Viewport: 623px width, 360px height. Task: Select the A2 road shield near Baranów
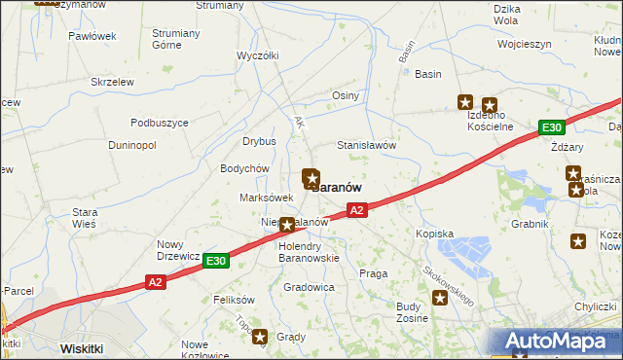(x=357, y=209)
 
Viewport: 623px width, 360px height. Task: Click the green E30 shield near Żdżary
(x=552, y=127)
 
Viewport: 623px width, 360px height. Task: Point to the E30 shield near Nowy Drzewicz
(x=216, y=261)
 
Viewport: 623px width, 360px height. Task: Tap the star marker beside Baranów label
(x=311, y=177)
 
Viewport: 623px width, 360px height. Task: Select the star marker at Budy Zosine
(x=441, y=298)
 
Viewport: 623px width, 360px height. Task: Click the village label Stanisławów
(x=366, y=145)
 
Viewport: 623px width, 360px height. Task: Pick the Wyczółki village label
(x=259, y=55)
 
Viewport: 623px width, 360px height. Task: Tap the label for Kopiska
(x=434, y=234)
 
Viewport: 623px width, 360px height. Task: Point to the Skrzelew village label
(x=112, y=82)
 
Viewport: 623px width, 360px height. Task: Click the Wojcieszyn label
(x=524, y=44)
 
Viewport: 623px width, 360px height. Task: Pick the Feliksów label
(x=234, y=299)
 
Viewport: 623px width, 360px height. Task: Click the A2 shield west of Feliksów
(x=156, y=282)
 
